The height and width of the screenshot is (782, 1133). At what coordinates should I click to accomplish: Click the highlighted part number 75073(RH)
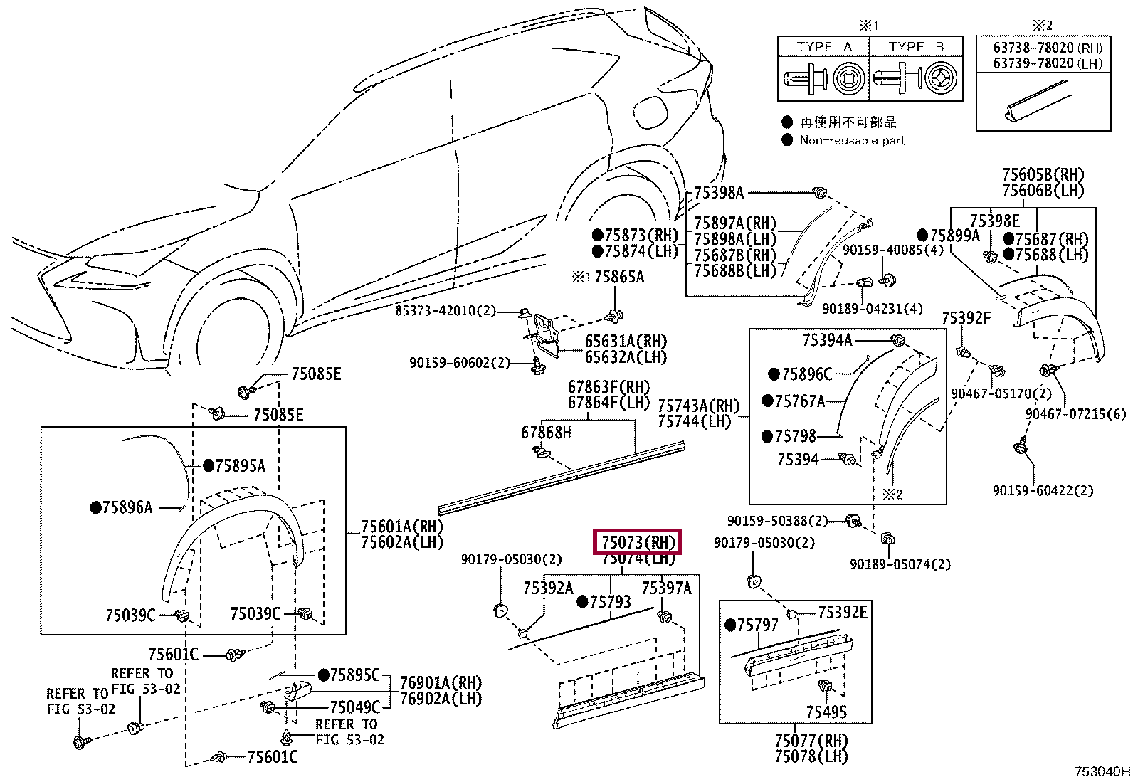pyautogui.click(x=638, y=542)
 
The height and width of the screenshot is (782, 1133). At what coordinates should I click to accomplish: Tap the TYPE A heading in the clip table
pyautogui.click(x=824, y=47)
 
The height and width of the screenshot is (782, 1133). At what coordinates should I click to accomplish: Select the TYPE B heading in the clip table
pyautogui.click(x=916, y=47)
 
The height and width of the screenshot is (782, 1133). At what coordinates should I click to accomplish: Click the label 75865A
pyautogui.click(x=618, y=277)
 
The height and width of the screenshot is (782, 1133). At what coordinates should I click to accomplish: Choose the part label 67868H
pyautogui.click(x=546, y=433)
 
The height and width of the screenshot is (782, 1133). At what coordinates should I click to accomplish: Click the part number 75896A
pyautogui.click(x=127, y=507)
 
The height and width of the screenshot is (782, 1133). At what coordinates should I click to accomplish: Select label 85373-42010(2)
pyautogui.click(x=446, y=310)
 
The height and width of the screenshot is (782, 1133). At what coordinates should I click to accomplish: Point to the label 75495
pyautogui.click(x=826, y=712)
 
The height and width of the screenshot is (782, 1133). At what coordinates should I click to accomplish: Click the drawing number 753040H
pyautogui.click(x=1102, y=771)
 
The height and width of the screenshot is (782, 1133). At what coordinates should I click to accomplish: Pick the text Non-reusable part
pyautogui.click(x=853, y=141)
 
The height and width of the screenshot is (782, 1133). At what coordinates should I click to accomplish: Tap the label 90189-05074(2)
pyautogui.click(x=900, y=564)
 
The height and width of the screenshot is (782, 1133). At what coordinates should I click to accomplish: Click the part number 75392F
pyautogui.click(x=966, y=317)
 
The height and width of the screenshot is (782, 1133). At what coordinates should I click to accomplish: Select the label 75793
pyautogui.click(x=611, y=601)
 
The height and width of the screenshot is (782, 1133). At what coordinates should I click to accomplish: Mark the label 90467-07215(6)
pyautogui.click(x=1075, y=413)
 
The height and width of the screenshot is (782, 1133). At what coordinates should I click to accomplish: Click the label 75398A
pyautogui.click(x=719, y=192)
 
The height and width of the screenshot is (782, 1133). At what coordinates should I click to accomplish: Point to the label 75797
pyautogui.click(x=758, y=625)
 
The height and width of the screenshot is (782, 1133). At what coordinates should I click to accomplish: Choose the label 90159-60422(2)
pyautogui.click(x=1043, y=490)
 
